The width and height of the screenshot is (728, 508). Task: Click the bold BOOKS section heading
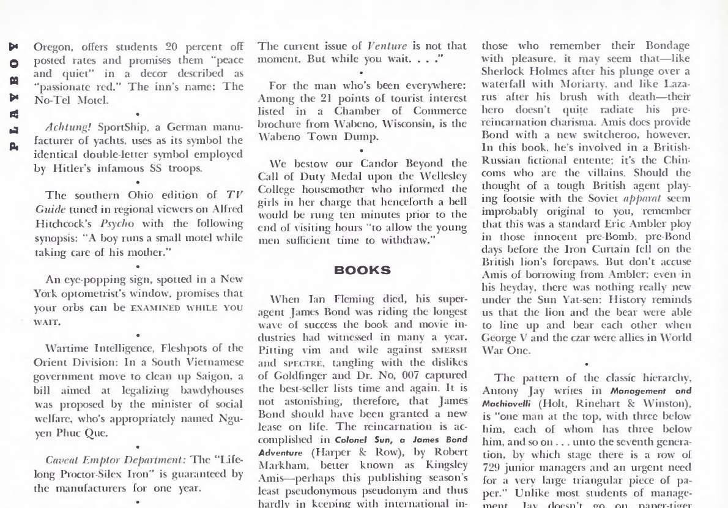[362, 270]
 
